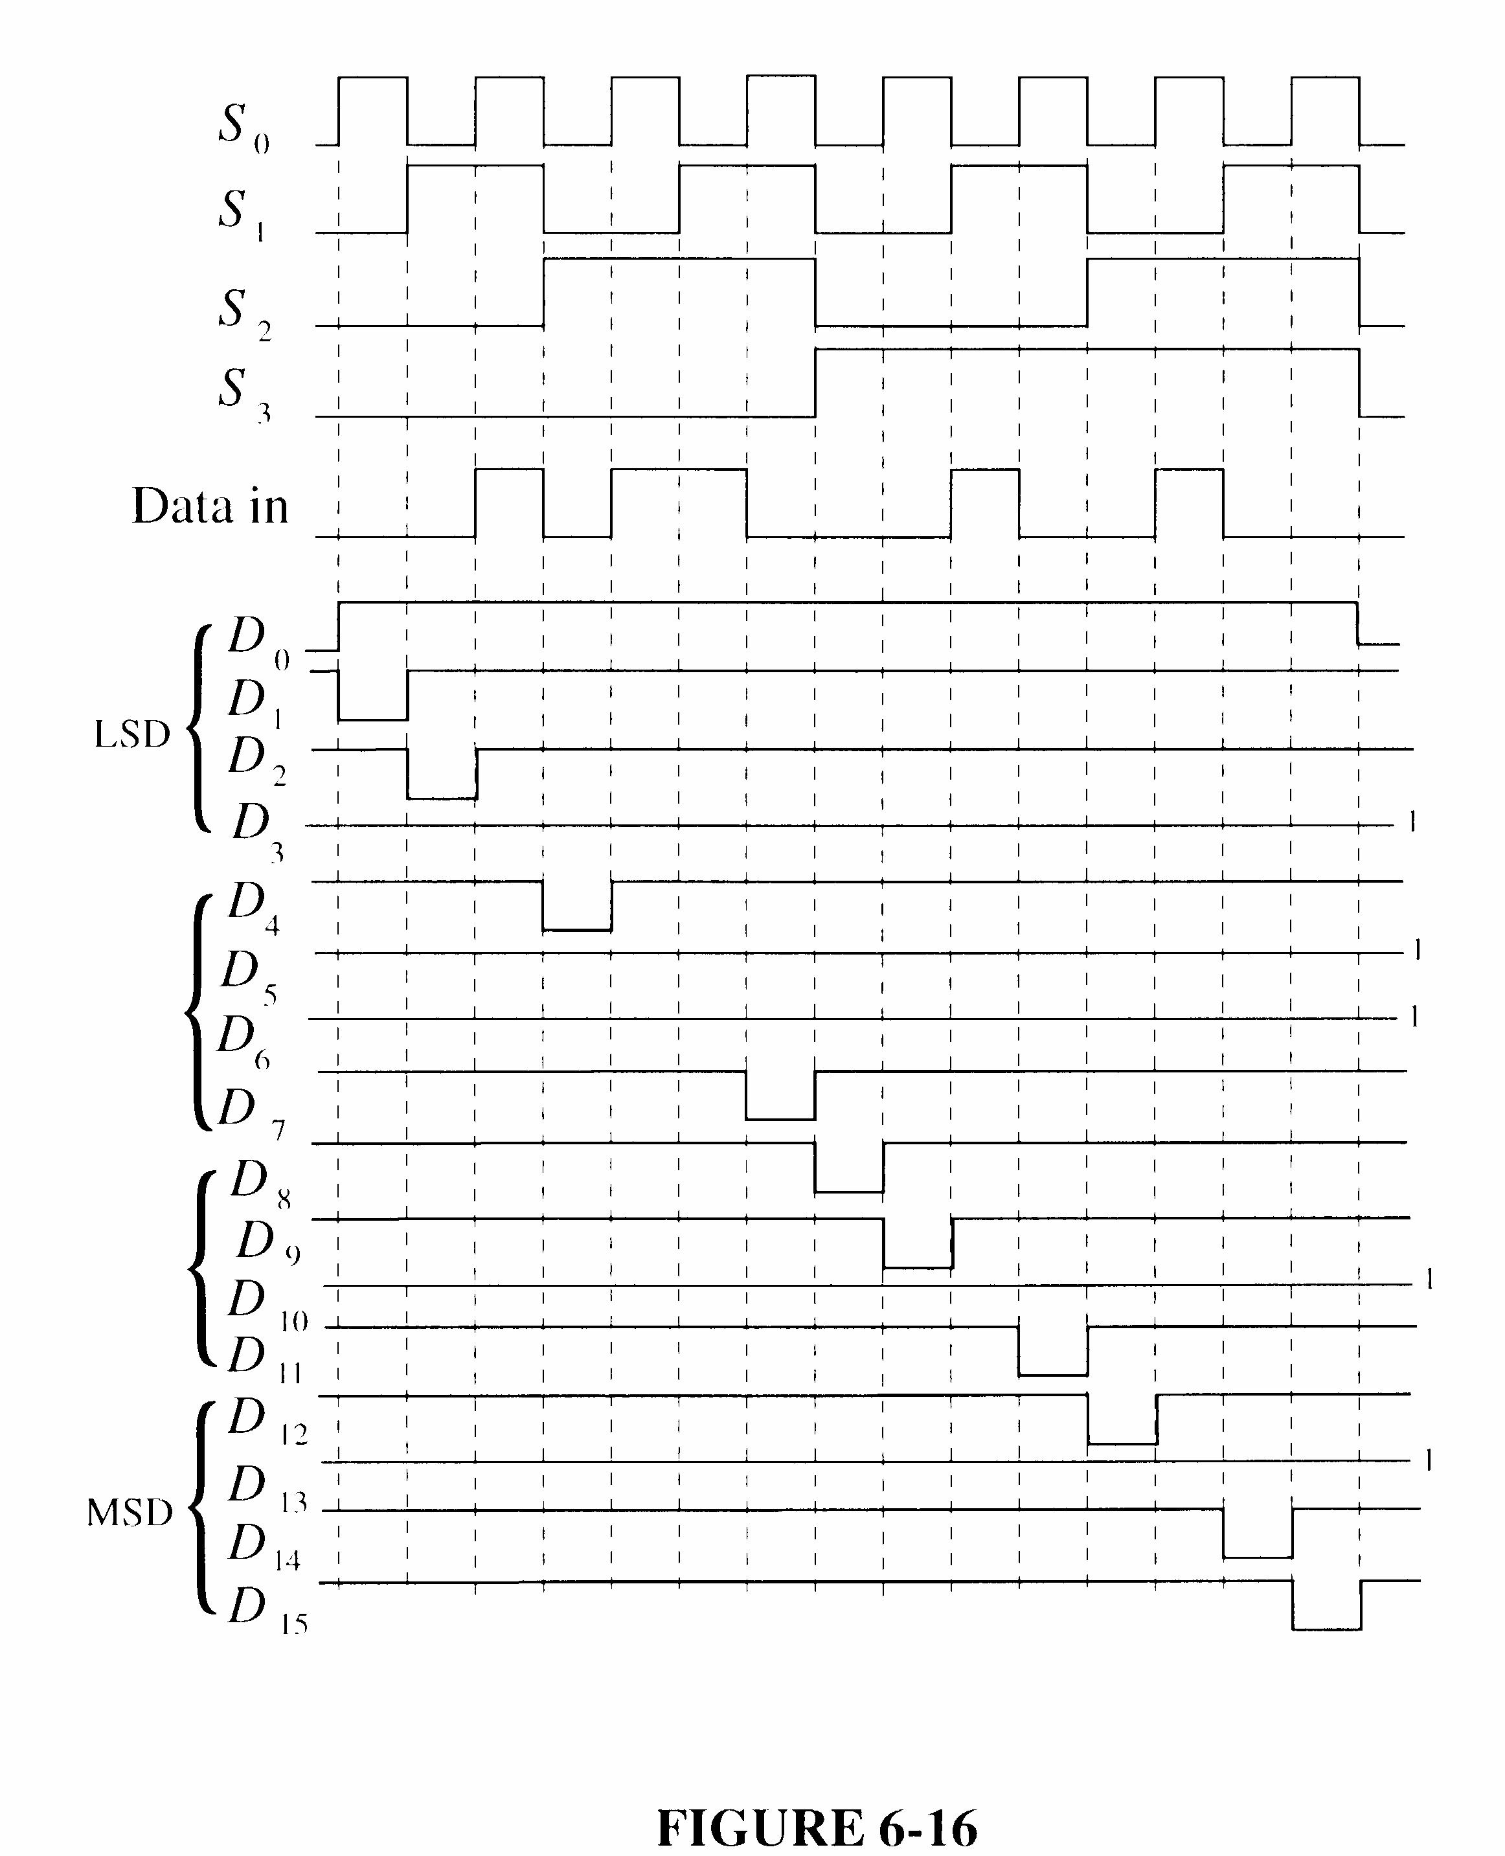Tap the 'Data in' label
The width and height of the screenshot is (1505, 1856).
point(210,506)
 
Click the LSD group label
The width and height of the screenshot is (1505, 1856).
point(131,735)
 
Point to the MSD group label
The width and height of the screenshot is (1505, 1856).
point(130,1513)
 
